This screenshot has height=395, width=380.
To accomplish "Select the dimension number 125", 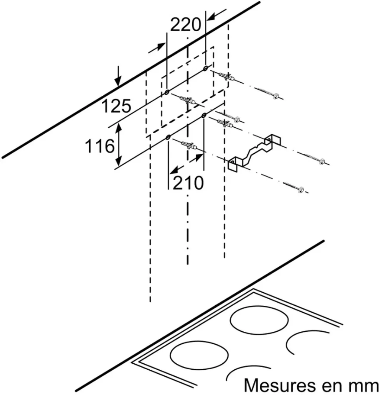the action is coord(116,106).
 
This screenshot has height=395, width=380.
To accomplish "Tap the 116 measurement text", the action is coord(100,146).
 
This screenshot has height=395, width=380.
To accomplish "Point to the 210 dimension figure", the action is coord(188,183).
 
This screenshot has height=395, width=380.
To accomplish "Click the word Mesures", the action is coord(280,386).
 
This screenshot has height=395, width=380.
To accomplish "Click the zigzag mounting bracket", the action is coord(254,153).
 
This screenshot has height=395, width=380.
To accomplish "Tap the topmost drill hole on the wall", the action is coord(206,68).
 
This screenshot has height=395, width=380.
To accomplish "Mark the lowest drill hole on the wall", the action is coord(168,137).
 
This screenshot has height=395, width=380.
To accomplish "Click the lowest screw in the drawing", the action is coord(293,186).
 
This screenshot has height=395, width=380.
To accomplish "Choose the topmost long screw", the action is coord(267,92).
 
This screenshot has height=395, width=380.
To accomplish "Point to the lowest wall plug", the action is coord(189,146).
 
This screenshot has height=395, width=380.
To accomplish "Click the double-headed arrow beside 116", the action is coord(119,145).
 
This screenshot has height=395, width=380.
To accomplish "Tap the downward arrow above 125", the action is coord(118,76).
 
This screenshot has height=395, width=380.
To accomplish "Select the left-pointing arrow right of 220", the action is coord(217,14).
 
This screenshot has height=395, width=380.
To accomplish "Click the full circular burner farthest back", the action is coord(259,321).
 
